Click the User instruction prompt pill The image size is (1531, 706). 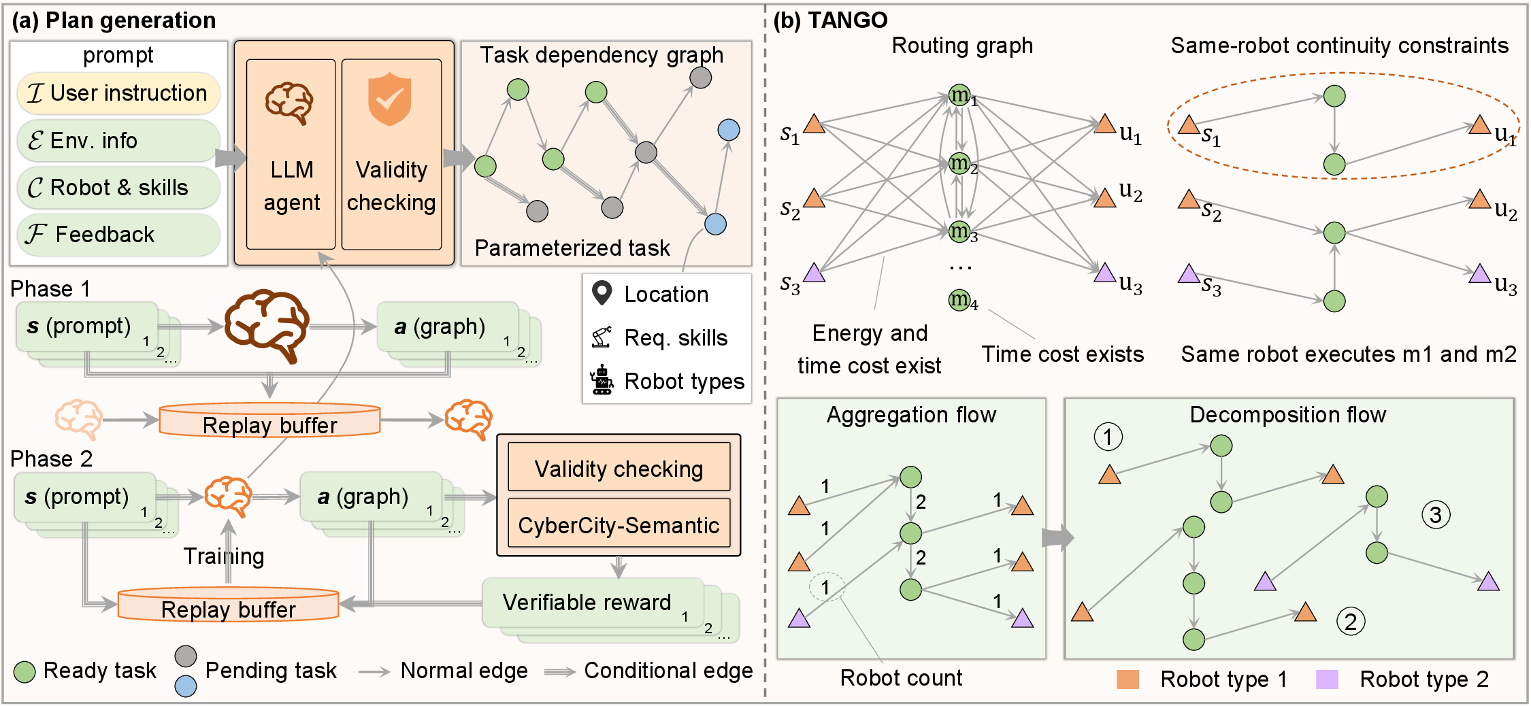pos(118,93)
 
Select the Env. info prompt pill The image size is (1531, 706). pos(118,141)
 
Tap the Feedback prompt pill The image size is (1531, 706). pos(118,235)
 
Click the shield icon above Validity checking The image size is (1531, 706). pos(389,99)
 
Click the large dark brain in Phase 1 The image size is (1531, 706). pos(267,326)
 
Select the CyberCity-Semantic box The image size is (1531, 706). pos(619,525)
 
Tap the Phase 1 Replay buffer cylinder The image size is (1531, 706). pos(269,420)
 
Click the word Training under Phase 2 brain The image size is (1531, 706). pos(224,556)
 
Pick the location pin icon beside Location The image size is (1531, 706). pos(602,293)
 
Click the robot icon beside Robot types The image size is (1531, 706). pos(602,380)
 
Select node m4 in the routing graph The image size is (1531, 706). pos(959,299)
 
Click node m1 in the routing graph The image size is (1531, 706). pos(959,95)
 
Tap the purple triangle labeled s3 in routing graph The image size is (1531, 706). pos(814,273)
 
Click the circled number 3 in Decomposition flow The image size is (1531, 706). pos(1436,515)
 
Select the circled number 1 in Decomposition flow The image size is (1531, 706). pos(1108,437)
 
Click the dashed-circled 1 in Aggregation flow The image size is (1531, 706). pos(826,587)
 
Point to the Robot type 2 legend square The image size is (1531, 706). pos(1327,679)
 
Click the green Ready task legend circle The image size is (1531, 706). pos(24,672)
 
